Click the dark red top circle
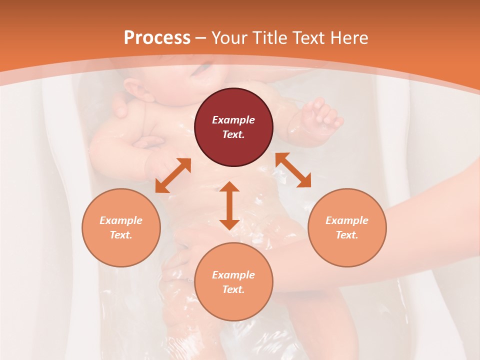(233, 127)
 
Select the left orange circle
(121, 227)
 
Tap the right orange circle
(347, 227)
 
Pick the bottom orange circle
(233, 282)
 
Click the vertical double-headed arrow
(229, 205)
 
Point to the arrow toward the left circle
(173, 175)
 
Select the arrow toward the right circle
(293, 170)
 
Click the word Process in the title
(157, 37)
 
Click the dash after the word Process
(200, 38)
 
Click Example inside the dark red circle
(233, 120)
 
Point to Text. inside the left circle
(121, 235)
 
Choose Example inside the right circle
(347, 220)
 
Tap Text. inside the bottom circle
(233, 289)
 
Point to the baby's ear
(134, 90)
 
